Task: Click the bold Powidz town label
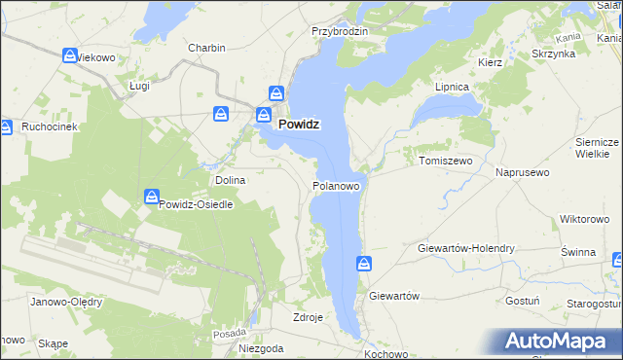coord(300,125)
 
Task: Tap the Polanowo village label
coord(338,185)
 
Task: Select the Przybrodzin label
coord(339,31)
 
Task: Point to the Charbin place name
coord(206,48)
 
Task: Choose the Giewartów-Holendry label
coord(465,248)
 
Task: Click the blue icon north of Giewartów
coord(363,263)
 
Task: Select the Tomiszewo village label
coord(445,161)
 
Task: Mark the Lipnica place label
coord(452,87)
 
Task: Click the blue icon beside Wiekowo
coord(70,56)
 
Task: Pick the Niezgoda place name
coord(261,347)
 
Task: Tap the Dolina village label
coord(230,180)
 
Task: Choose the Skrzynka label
coord(553,54)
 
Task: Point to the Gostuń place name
coord(524,302)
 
